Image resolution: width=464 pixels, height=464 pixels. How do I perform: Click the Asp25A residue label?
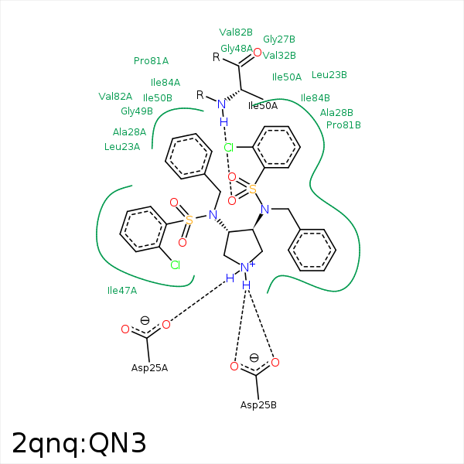[x=149, y=367]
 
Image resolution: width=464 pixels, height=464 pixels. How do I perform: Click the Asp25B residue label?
[x=258, y=405]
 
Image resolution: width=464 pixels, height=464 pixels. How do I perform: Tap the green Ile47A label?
[x=122, y=291]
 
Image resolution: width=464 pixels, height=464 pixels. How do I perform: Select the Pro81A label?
[x=151, y=61]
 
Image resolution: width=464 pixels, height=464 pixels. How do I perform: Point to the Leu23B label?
[x=329, y=75]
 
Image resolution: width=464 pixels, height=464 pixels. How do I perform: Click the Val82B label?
[x=236, y=32]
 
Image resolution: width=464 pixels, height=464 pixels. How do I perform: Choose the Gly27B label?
[x=279, y=39]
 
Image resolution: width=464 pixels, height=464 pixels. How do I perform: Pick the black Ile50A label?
[x=263, y=106]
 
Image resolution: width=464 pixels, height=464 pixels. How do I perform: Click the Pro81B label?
[x=343, y=125]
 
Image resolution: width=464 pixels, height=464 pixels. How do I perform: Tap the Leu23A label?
[x=122, y=147]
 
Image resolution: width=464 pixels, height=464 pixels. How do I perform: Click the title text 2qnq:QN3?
[x=79, y=443]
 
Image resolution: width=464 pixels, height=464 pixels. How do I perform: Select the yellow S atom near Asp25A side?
[x=189, y=220]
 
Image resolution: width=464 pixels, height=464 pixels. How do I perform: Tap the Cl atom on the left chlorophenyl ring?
[x=176, y=265]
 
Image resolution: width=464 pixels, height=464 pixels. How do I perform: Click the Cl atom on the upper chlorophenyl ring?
[x=229, y=147]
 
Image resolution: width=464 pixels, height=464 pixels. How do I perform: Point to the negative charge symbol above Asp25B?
[x=254, y=358]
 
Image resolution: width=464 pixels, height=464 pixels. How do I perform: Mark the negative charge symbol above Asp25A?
[x=145, y=320]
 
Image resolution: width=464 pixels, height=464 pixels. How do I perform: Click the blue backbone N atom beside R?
[x=222, y=104]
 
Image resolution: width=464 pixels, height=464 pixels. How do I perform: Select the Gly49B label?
[x=137, y=111]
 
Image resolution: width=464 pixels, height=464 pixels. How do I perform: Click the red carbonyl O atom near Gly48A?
[x=258, y=53]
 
